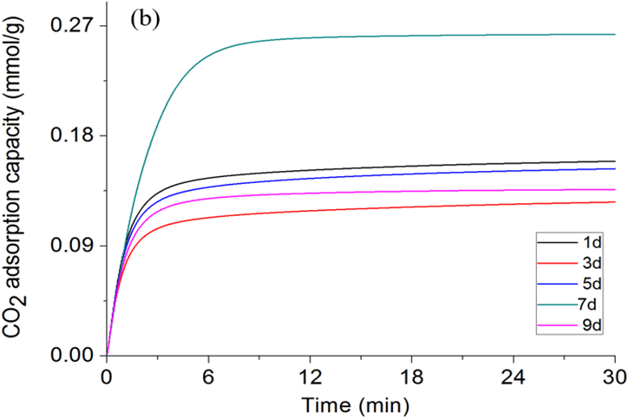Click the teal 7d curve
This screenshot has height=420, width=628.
347,36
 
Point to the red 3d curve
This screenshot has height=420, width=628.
347,209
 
